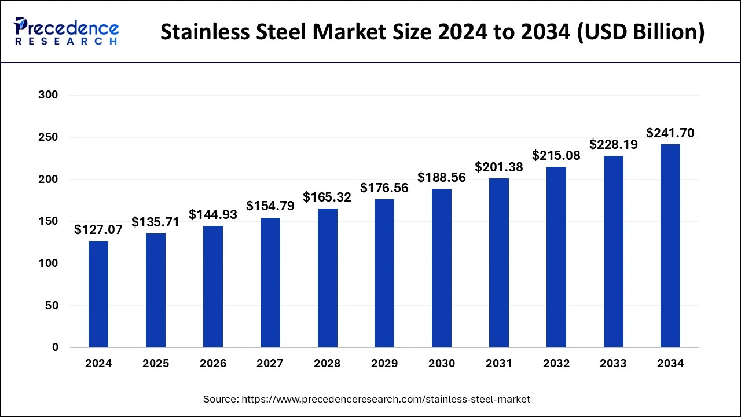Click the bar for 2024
coord(98,294)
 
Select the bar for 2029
coord(384,273)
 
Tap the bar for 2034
coord(670,246)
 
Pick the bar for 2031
coord(498,263)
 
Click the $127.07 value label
coord(98,230)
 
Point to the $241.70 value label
coord(670,133)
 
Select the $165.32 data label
coord(327,197)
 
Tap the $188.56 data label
coord(442,178)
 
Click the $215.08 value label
coord(556,156)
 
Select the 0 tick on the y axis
coord(54,348)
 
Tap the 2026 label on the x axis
coord(213,364)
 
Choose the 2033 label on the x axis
coord(613,364)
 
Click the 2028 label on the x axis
coord(327,364)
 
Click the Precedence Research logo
coord(66,31)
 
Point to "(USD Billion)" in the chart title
coord(641,32)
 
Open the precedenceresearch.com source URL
coord(385,399)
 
